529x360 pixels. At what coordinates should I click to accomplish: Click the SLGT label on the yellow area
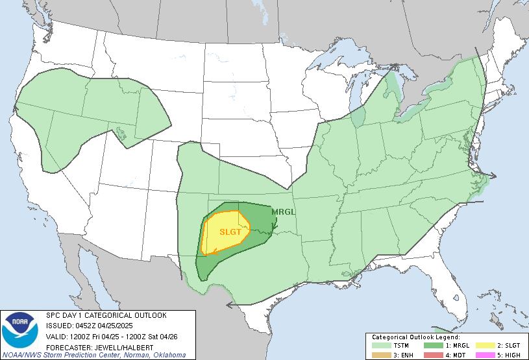[x=230, y=232]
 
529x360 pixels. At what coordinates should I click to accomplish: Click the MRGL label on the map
[x=283, y=212]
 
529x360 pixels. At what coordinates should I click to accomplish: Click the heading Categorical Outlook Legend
[x=416, y=337]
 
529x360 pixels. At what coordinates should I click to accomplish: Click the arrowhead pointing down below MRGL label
[x=276, y=227]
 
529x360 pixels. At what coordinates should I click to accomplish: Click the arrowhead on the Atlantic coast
[x=493, y=175]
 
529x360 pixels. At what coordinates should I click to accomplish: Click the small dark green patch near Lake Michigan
[x=359, y=117]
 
